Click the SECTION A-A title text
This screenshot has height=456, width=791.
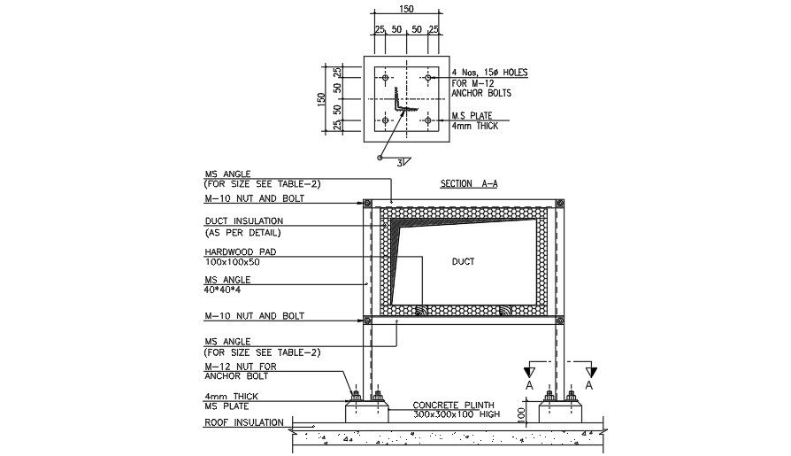(x=469, y=184)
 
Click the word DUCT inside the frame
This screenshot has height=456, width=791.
(x=463, y=261)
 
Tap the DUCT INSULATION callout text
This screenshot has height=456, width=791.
(x=244, y=220)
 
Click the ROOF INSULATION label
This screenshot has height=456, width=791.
(x=244, y=423)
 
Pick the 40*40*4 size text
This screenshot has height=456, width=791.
(x=223, y=289)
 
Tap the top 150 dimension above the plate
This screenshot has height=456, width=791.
(x=406, y=10)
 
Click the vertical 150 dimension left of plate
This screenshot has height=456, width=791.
(x=322, y=98)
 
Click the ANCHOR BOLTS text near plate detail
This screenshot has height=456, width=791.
(x=481, y=93)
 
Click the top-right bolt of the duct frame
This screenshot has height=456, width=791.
(x=558, y=204)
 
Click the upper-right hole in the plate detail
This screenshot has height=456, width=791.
(x=428, y=78)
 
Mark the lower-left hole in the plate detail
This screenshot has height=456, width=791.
(x=385, y=120)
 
